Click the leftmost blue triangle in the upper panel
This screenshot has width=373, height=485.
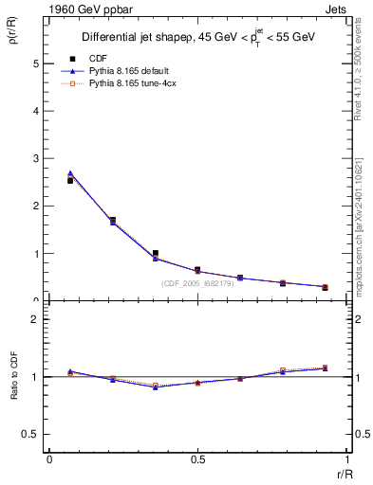(x=70, y=173)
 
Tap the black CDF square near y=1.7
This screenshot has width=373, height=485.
(x=113, y=220)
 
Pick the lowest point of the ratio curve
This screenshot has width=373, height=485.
(x=156, y=386)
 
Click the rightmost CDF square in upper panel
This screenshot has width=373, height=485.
(x=325, y=287)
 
